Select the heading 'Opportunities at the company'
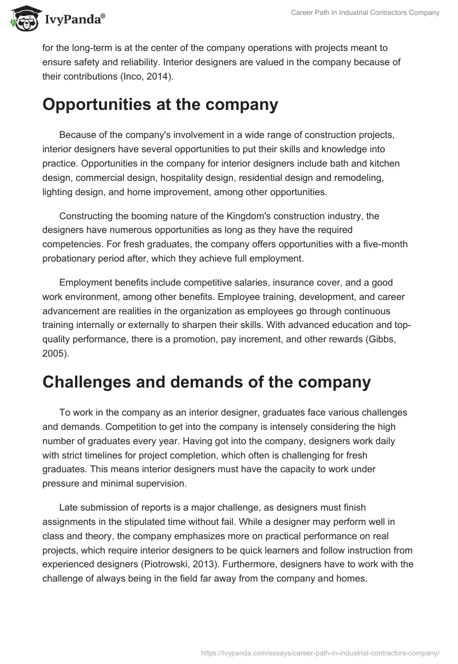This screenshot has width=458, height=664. click(160, 105)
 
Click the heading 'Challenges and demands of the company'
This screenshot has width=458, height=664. click(206, 382)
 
